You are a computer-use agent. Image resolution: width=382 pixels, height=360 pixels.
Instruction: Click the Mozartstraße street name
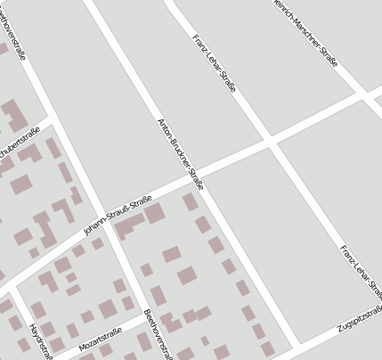[100, 340]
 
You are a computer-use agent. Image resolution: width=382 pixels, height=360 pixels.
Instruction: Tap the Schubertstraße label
[20, 143]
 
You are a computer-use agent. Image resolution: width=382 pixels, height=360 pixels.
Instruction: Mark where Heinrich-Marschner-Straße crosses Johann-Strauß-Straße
[366, 93]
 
